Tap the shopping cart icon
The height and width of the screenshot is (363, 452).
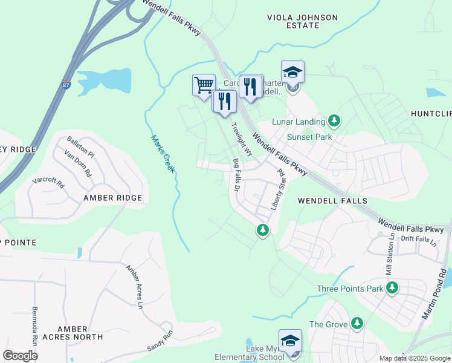tap(204, 85)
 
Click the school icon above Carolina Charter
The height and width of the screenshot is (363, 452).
tap(292, 73)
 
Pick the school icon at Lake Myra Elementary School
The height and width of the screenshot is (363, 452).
tap(290, 341)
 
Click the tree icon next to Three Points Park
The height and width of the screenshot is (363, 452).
tap(392, 288)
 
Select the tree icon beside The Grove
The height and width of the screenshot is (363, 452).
tap(357, 324)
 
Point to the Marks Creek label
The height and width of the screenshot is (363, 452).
tap(163, 154)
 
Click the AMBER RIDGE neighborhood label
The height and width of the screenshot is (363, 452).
tap(113, 198)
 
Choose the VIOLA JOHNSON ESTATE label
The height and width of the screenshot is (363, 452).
tap(302, 22)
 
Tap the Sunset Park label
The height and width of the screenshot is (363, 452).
tap(310, 137)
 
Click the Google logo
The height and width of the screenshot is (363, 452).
tap(20, 355)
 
